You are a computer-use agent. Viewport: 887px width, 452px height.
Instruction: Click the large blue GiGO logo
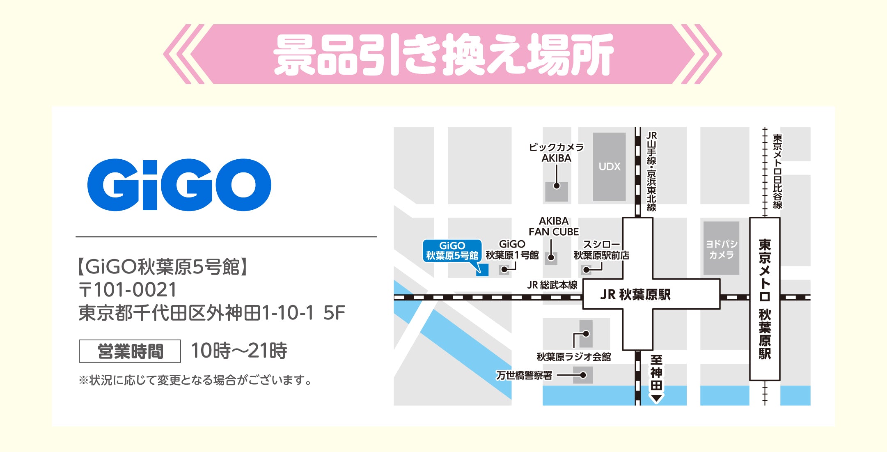pos(179,185)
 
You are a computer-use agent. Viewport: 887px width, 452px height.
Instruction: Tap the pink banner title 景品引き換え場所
pos(443,54)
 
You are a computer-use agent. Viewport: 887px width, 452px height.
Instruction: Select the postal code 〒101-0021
pos(128,290)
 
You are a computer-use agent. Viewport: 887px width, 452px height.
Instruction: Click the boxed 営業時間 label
pos(130,351)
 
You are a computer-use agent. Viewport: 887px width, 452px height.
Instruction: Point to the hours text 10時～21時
pos(239,351)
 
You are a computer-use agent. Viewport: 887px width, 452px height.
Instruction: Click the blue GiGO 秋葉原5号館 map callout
pos(452,251)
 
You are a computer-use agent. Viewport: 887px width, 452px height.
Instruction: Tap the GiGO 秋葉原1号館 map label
pos(512,250)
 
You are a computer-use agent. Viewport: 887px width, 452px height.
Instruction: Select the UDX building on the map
pos(609,167)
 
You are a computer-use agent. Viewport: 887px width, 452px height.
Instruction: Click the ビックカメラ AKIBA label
pos(556,153)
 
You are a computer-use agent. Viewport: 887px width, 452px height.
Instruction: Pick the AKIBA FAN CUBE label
pos(554,227)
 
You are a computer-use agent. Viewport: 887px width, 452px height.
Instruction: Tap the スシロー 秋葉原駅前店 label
pos(601,250)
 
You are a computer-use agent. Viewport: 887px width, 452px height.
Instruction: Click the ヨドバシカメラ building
pos(721,249)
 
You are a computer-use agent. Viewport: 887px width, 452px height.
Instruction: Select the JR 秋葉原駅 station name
pos(635,294)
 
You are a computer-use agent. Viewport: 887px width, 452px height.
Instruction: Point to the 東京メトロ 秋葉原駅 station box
pos(765,299)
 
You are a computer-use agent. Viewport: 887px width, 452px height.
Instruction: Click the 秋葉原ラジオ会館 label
pos(573,357)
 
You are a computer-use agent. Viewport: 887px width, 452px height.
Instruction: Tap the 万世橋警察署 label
pos(524,375)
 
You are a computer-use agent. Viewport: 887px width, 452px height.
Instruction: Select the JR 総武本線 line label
pos(552,285)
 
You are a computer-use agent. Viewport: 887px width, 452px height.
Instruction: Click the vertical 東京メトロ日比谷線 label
pos(777,171)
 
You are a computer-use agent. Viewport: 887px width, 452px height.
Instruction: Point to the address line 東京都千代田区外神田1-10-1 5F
pos(212,313)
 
